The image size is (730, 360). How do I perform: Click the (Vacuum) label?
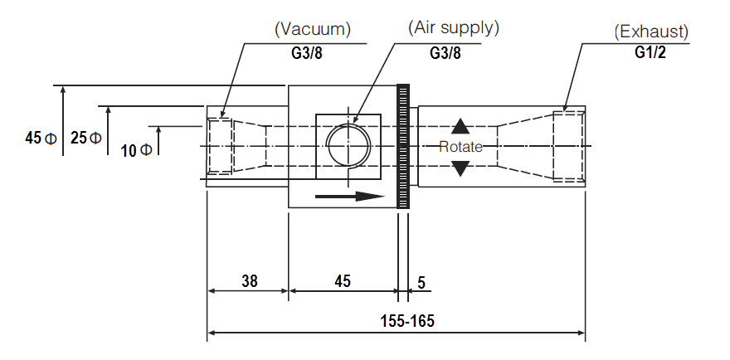pyautogui.click(x=313, y=29)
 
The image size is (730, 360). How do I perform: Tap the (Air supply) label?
pyautogui.click(x=454, y=28)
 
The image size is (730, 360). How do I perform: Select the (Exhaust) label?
pyautogui.click(x=651, y=32)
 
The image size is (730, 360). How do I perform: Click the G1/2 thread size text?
pyautogui.click(x=650, y=52)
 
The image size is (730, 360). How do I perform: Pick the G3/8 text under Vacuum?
pyautogui.click(x=307, y=54)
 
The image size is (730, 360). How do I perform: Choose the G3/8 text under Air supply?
pyautogui.click(x=445, y=53)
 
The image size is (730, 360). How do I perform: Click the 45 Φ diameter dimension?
pyautogui.click(x=41, y=138)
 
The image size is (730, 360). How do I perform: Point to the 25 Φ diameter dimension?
pyautogui.click(x=86, y=138)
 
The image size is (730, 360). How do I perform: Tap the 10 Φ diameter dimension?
pyautogui.click(x=136, y=150)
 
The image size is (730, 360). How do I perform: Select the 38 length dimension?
pyautogui.click(x=250, y=281)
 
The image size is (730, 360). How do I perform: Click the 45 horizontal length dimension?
pyautogui.click(x=343, y=281)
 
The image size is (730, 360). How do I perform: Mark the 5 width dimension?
pyautogui.click(x=421, y=283)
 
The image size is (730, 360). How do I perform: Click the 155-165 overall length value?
pyautogui.click(x=407, y=321)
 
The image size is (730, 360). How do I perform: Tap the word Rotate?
pyautogui.click(x=461, y=147)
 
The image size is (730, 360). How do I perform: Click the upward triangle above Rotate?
pyautogui.click(x=460, y=126)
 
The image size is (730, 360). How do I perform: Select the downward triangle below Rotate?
pyautogui.click(x=460, y=168)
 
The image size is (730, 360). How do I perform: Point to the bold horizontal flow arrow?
pyautogui.click(x=350, y=197)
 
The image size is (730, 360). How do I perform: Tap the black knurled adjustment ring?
pyautogui.click(x=402, y=146)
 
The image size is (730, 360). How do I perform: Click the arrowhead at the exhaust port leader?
pyautogui.click(x=565, y=108)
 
